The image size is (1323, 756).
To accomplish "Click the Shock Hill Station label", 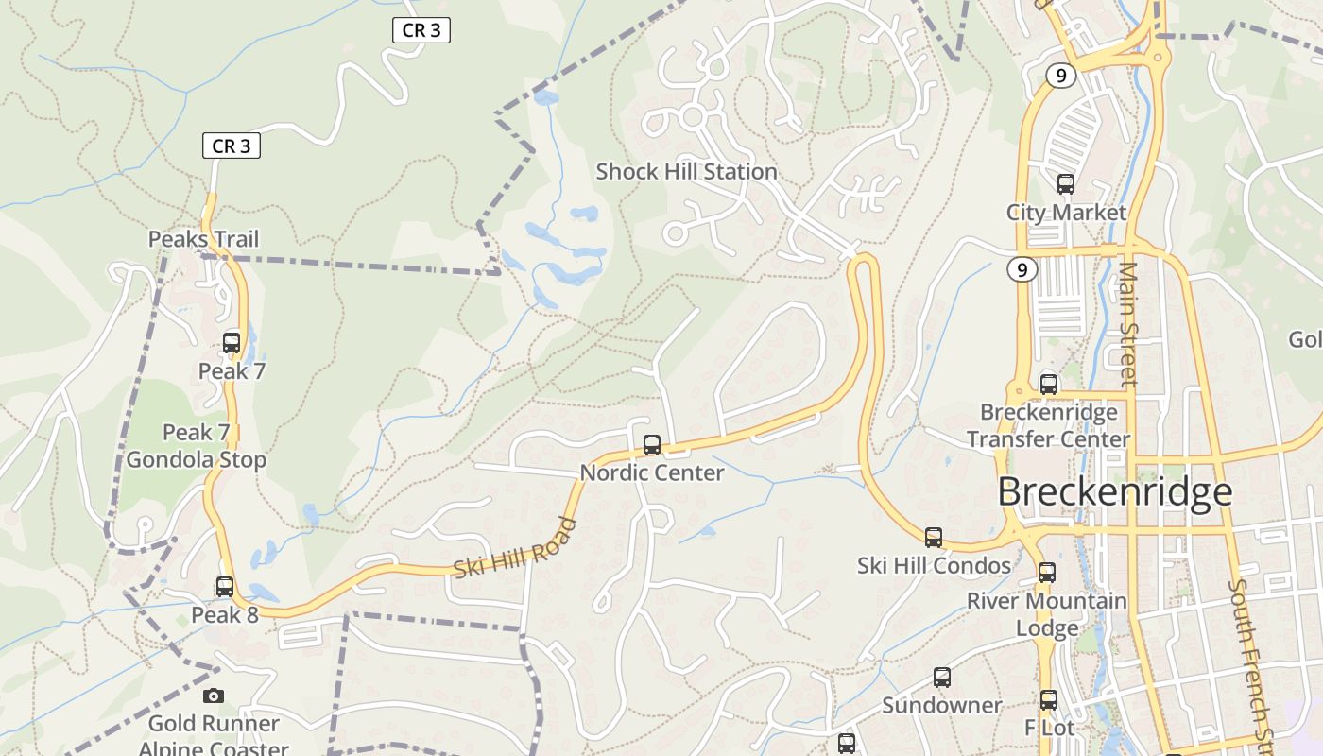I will pos(686,172).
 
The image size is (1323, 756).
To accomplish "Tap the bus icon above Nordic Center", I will pos(651,445).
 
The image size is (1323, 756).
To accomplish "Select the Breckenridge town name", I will pos(1114,492).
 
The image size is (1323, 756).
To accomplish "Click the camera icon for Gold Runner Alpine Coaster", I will pos(214,696).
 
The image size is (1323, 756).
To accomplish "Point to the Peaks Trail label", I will pos(203,239).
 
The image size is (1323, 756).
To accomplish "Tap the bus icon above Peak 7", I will pos(232,342).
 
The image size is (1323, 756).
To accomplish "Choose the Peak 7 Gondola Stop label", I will pos(197,446).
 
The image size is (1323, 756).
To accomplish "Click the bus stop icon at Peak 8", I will pos(225,587).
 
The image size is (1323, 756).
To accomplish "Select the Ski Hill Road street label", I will pos(515,549).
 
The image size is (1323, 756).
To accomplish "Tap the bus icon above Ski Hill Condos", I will pos(934,538).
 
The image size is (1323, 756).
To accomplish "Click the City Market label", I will pos(1066,213).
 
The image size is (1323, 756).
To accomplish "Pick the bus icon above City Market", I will pos(1066,184).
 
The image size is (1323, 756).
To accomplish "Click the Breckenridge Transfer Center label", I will pos(1048,425).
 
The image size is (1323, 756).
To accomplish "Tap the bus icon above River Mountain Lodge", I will pos(1047,573).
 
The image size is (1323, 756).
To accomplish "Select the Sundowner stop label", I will pos(941,705).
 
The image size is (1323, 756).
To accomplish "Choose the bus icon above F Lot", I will pos(1049,700).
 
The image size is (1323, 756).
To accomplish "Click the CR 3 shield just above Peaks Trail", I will pos(232,146).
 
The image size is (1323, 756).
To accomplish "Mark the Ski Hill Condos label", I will pos(934,565).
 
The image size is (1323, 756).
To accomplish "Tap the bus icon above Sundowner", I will pos(942,678).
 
